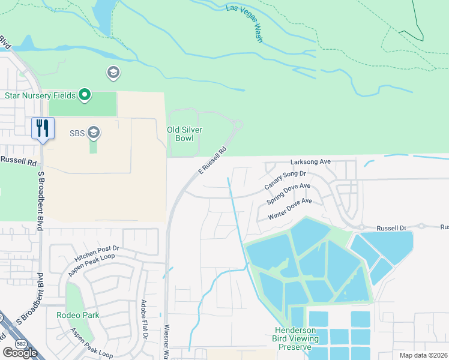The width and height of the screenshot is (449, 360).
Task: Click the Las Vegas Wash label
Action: [245, 24]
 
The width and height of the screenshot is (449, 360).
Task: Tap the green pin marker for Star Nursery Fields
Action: [85, 95]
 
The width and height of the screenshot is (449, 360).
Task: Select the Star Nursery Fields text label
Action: [40, 95]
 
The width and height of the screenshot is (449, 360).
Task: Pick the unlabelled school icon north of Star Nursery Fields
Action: [112, 73]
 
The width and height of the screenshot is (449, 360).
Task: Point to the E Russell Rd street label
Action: [212, 161]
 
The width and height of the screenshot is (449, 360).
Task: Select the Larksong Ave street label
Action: [311, 162]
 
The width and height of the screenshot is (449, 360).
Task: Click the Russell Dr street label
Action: [391, 229]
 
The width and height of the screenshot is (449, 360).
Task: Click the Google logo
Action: [20, 353]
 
